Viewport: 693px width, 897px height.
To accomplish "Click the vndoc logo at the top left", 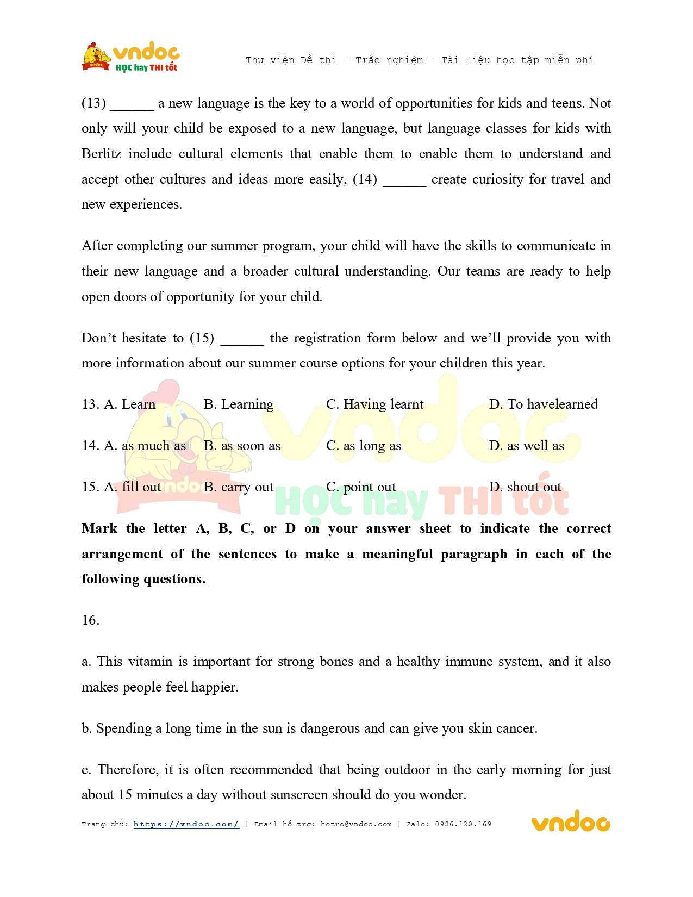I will [131, 57].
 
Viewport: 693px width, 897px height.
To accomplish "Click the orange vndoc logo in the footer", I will [570, 822].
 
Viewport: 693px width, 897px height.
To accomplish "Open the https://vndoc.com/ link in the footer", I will [186, 824].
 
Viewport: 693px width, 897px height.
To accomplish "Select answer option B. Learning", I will [239, 404].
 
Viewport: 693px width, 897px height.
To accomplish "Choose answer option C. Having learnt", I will [374, 404].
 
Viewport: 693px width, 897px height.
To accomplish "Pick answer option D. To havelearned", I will [543, 404].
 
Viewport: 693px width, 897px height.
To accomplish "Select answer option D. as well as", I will [526, 446].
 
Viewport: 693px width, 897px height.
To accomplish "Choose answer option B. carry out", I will [239, 487].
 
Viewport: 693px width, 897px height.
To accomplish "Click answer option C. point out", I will [361, 487].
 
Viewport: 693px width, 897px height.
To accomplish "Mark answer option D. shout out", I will [525, 487].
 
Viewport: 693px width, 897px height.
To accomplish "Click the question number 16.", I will [90, 620].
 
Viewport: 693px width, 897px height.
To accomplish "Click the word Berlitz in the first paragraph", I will [101, 154].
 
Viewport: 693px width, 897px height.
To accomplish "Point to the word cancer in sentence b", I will [516, 728].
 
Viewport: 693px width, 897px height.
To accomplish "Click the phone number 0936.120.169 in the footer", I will [463, 824].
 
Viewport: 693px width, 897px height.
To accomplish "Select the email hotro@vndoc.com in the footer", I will [356, 824].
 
